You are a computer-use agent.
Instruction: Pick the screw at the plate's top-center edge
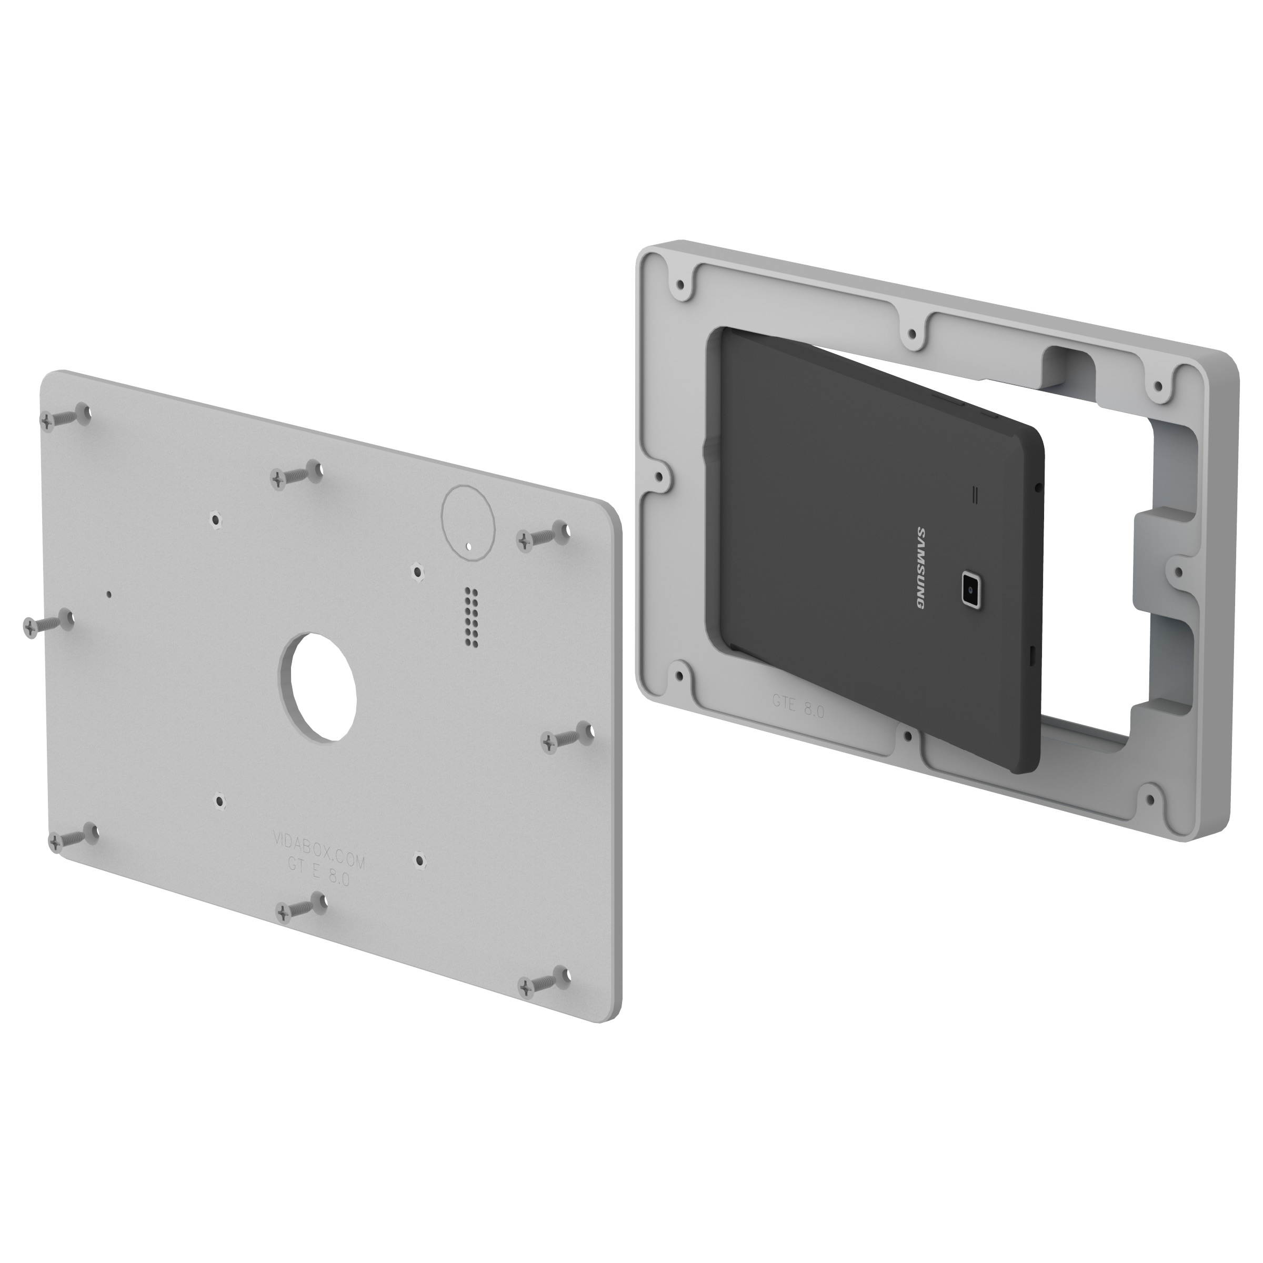pos(295,475)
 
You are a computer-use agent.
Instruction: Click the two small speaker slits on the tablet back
pos(978,495)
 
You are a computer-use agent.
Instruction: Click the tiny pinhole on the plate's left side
pos(108,594)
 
